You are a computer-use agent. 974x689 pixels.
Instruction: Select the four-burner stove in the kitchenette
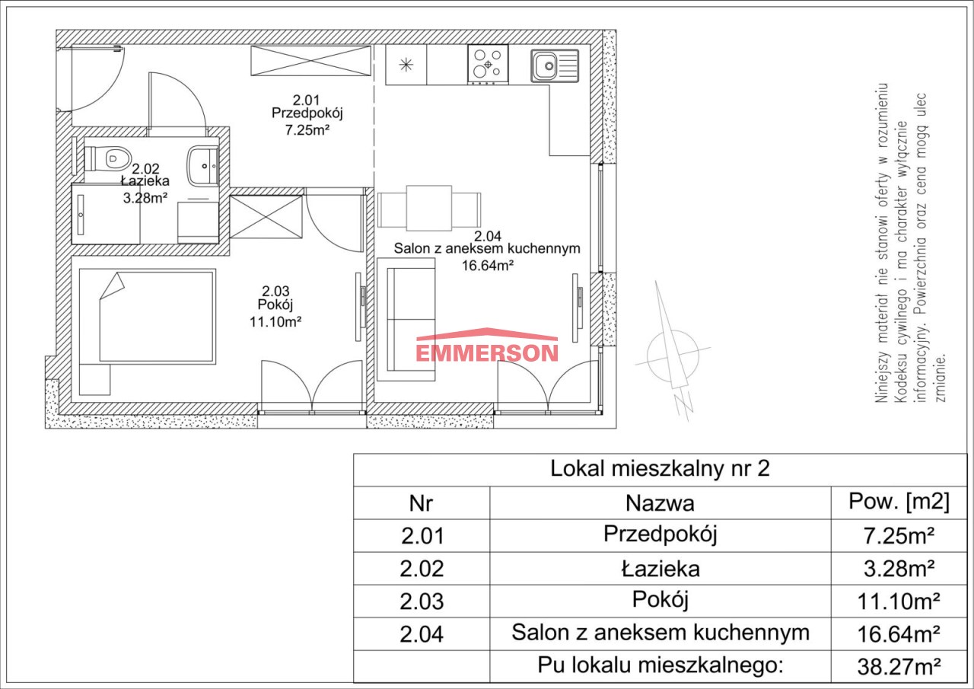[488, 65]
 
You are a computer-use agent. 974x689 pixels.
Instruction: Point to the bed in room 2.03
[148, 316]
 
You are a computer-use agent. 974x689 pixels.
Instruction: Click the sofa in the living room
[406, 319]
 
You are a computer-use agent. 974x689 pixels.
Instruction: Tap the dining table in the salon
[429, 208]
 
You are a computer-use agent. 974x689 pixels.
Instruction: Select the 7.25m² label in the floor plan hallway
[307, 130]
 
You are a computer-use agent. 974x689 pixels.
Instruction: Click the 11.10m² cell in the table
[899, 601]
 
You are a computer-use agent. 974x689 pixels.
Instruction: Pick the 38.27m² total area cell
[899, 666]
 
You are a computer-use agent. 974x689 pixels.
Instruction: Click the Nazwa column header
[660, 503]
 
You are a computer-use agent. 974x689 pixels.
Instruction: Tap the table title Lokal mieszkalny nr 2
[660, 468]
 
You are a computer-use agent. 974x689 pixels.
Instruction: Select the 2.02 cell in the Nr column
[422, 569]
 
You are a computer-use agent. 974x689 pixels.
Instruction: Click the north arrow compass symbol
[672, 352]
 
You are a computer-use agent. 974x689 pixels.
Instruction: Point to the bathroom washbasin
[203, 166]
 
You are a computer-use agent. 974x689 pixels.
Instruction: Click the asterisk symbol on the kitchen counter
[406, 65]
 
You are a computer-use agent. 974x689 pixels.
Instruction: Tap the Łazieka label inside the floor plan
[145, 181]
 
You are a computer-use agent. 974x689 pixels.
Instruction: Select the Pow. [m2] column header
[899, 502]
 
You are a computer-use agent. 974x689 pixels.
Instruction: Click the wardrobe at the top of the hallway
[311, 60]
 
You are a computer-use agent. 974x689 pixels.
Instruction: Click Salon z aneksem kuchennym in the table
[660, 633]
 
